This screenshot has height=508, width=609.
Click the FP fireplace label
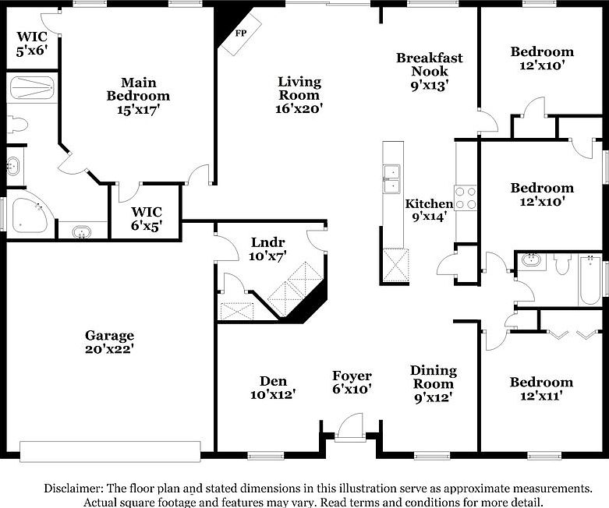pyautogui.click(x=240, y=34)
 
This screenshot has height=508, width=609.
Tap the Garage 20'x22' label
pyautogui.click(x=109, y=343)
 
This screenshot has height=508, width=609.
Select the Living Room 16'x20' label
pyautogui.click(x=300, y=95)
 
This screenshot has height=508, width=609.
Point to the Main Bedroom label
pyautogui.click(x=138, y=96)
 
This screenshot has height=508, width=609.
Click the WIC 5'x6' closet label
pyautogui.click(x=31, y=43)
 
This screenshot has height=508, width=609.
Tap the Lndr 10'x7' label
pyautogui.click(x=268, y=249)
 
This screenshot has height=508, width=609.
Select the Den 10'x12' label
pyautogui.click(x=273, y=387)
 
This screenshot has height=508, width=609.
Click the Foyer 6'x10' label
pyautogui.click(x=352, y=382)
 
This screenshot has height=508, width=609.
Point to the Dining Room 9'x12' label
pyautogui.click(x=434, y=383)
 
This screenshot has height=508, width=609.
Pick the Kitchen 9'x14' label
pyautogui.click(x=429, y=210)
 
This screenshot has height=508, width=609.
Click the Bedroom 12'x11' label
pyautogui.click(x=541, y=389)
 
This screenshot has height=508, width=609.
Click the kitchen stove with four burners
pyautogui.click(x=466, y=198)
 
